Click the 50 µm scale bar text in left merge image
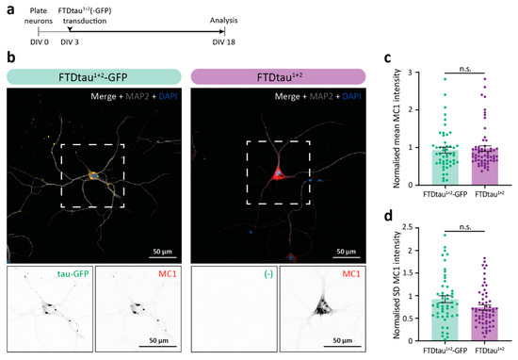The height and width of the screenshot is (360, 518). point(155,252)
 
